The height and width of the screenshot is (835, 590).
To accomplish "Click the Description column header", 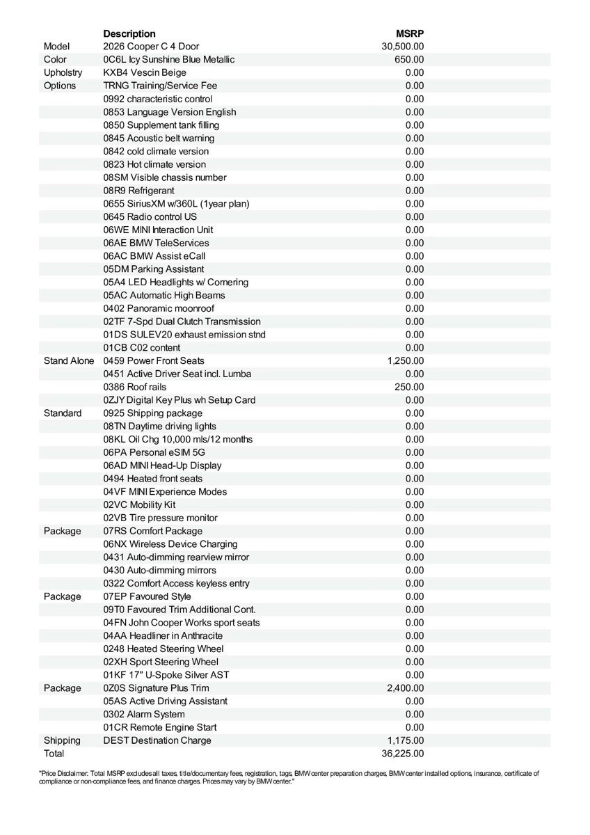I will coord(129,33).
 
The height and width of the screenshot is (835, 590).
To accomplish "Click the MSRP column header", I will coord(410,33).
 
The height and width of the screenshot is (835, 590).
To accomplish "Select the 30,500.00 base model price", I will coord(403,47).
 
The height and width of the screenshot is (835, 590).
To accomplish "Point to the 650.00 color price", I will coord(409,60).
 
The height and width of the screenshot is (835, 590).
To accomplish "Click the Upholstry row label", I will coord(63,72).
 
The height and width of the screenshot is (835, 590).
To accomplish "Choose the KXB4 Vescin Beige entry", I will coord(145,72).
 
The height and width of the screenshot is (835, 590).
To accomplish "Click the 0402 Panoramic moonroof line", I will coord(159,308).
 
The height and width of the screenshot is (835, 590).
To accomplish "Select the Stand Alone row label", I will coord(69,360).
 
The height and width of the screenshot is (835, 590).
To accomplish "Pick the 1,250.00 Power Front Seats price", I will coord(406,360).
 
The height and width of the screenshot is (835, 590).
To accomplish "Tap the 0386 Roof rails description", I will coord(135,387).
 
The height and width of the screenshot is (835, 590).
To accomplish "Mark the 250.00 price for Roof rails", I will coord(409,387).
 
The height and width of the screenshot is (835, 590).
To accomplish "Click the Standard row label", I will coord(63,413).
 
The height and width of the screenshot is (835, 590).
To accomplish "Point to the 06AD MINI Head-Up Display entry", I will coord(163,466).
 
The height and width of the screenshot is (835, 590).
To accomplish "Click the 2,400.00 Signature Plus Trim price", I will coord(406,688).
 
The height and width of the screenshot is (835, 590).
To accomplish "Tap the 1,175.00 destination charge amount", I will coord(406,740).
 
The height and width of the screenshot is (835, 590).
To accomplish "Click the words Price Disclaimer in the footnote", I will coord(60,773).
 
